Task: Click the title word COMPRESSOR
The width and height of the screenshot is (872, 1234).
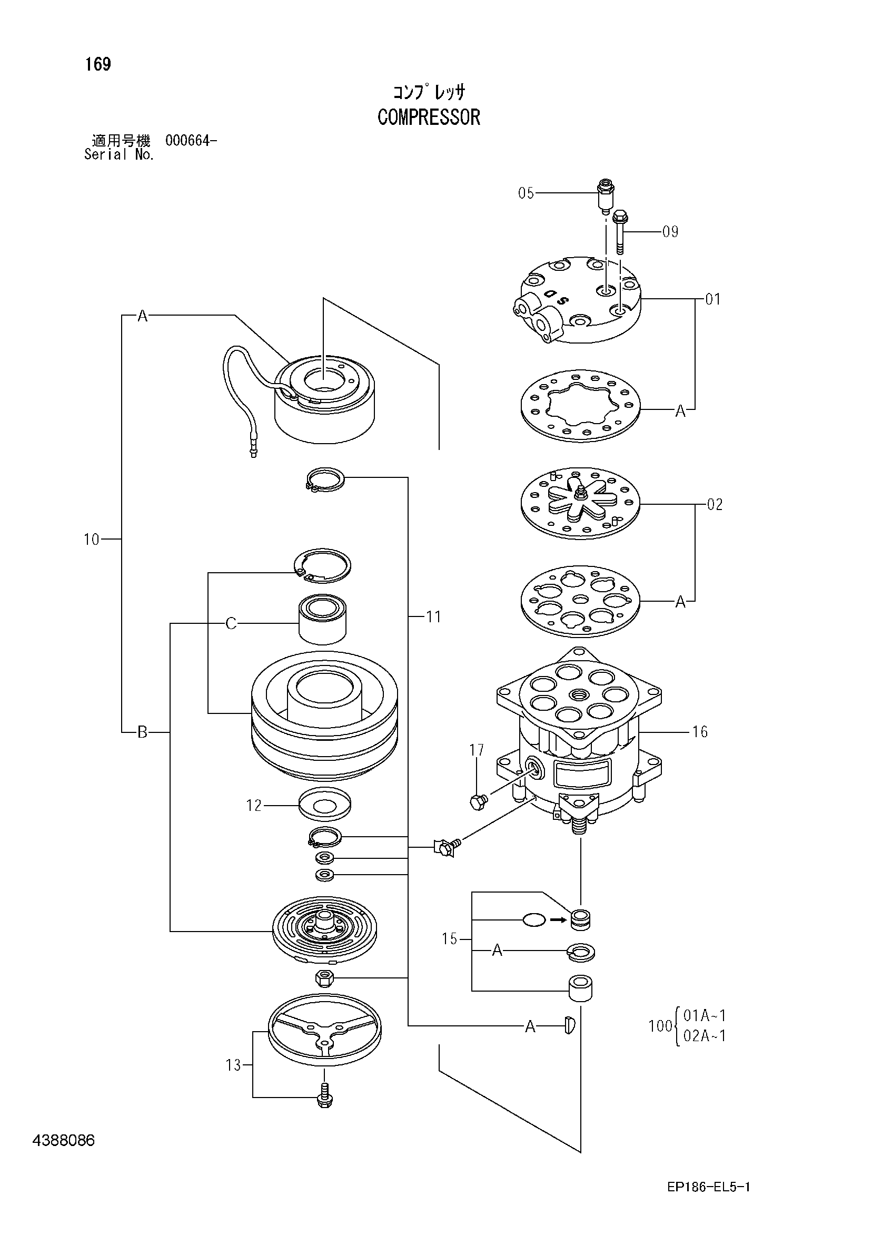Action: (x=429, y=117)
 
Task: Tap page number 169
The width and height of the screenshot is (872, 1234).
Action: (x=98, y=64)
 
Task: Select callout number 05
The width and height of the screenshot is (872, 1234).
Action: (x=526, y=193)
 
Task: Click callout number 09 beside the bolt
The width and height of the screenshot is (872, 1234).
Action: (x=670, y=232)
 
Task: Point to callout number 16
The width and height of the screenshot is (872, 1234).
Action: (x=699, y=731)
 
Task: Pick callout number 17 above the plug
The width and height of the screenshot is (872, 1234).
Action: (x=477, y=750)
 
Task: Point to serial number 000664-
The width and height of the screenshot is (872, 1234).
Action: (x=191, y=141)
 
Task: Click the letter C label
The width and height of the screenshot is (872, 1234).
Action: (x=231, y=623)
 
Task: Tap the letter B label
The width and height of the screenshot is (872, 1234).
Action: (x=142, y=732)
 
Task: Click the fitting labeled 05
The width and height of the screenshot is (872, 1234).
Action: (x=606, y=196)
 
